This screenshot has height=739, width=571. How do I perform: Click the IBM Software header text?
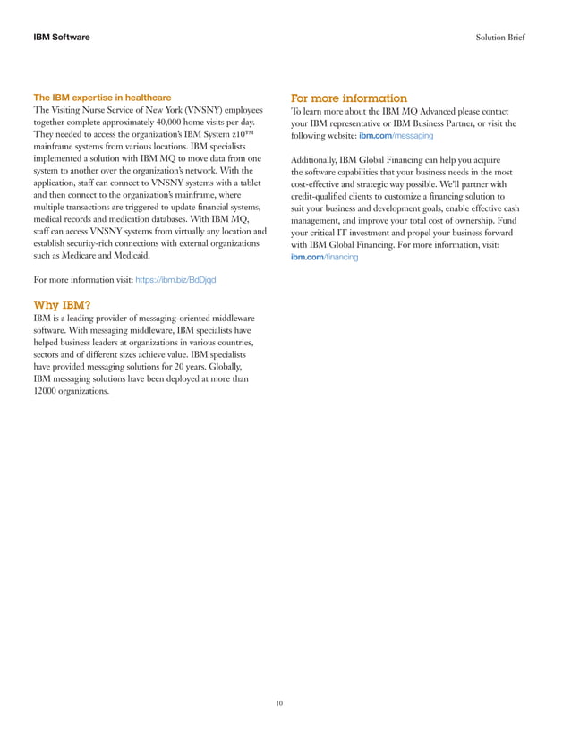pyautogui.click(x=61, y=38)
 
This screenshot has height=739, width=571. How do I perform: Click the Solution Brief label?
pyautogui.click(x=501, y=38)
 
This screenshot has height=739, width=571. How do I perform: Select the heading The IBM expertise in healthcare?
pyautogui.click(x=102, y=97)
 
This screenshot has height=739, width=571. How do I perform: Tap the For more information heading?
pyautogui.click(x=349, y=98)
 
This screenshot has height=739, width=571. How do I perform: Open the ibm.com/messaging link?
pyautogui.click(x=396, y=135)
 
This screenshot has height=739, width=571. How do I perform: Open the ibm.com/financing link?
pyautogui.click(x=324, y=257)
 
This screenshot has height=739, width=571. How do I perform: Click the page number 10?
pyautogui.click(x=279, y=704)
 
